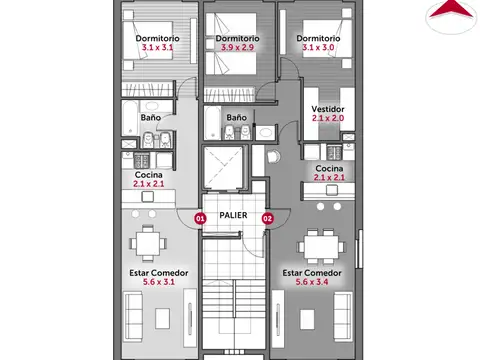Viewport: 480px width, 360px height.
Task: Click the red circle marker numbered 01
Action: (200, 217)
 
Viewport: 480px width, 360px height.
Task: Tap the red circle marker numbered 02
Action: (267, 217)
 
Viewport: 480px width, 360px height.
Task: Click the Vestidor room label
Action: (327, 107)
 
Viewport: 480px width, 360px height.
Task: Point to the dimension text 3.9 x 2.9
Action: (237, 48)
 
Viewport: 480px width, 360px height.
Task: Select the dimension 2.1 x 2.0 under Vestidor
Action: (327, 118)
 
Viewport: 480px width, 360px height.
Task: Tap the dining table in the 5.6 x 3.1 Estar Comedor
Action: (148, 243)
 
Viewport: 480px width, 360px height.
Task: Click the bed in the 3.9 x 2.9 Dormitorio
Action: (232, 68)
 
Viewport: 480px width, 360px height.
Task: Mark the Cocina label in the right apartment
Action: (329, 169)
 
